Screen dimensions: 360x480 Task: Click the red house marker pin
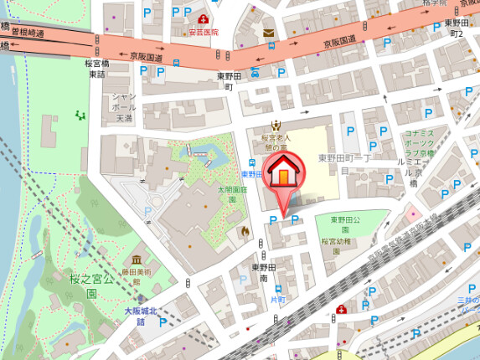click(286, 177)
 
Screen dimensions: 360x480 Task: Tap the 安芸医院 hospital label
click(203, 32)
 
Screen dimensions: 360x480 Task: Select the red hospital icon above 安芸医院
click(203, 18)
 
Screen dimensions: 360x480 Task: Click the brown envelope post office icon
click(268, 33)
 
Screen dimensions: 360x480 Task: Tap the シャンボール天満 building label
click(123, 107)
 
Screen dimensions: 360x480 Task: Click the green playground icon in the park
click(80, 115)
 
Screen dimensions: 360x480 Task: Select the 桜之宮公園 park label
click(85, 284)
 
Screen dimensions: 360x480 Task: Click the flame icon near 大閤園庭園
click(244, 229)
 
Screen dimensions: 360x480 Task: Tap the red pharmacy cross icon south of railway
click(341, 310)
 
